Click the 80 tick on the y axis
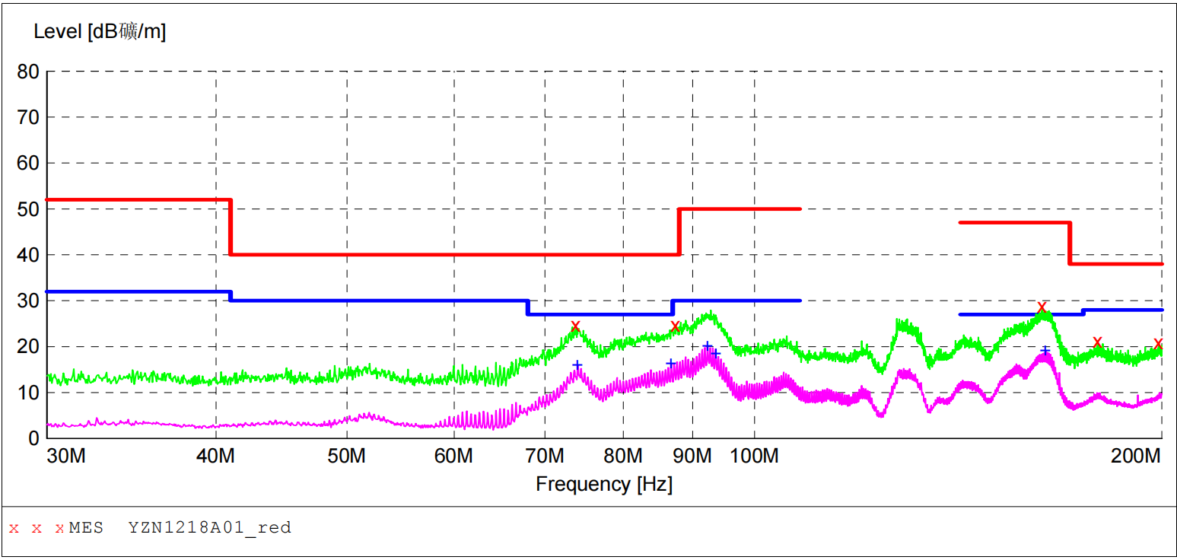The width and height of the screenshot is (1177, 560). (x=28, y=72)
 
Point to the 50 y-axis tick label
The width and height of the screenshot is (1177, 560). (x=28, y=209)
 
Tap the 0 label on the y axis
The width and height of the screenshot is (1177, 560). (x=34, y=439)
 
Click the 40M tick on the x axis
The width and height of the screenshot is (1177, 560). (x=216, y=457)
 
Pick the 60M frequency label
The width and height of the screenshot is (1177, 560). (x=454, y=457)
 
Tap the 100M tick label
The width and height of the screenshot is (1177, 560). (x=755, y=457)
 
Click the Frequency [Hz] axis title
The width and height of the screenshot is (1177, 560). (x=604, y=485)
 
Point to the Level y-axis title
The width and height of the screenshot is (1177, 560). (x=100, y=32)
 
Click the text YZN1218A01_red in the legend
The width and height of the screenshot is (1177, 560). (x=209, y=527)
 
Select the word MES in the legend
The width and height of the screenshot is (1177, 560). (x=86, y=527)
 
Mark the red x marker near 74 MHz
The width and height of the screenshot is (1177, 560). (x=575, y=326)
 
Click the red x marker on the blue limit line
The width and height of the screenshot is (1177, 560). (x=1042, y=307)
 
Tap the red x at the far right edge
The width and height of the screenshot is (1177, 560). (x=1158, y=344)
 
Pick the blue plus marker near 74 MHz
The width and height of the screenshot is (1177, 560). (x=577, y=365)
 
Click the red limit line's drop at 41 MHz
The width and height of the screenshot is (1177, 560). (x=231, y=227)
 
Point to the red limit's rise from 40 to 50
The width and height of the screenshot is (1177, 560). (x=679, y=231)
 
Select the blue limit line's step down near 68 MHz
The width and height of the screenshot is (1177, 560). (x=527, y=307)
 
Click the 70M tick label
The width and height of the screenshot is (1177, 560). (x=546, y=457)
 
